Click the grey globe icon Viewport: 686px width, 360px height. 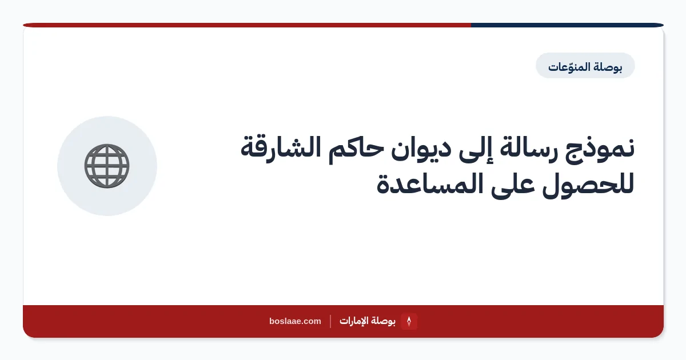pos(107,166)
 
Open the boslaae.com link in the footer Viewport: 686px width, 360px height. pos(295,321)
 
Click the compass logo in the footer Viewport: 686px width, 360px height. pos(409,321)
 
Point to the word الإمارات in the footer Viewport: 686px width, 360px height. pos(353,321)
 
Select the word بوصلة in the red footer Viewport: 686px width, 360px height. pos(382,321)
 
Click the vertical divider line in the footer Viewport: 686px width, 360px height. pos(330,321)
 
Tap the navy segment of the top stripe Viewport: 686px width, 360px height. pos(567,25)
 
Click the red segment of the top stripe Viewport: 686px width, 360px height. pos(247,25)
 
